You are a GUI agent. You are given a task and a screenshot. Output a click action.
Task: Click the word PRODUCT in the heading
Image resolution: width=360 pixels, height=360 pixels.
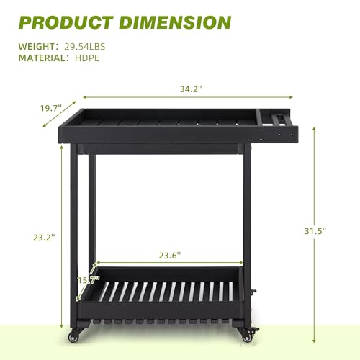click(x=66, y=22)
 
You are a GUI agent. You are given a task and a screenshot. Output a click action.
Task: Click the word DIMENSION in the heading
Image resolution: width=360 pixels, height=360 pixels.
click(x=175, y=22)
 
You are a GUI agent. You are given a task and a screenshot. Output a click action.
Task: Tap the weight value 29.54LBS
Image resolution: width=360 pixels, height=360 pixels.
click(x=85, y=46)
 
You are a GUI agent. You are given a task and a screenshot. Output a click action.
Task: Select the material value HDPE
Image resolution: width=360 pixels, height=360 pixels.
click(x=87, y=58)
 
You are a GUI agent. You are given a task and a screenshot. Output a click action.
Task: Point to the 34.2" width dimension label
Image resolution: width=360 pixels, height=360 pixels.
click(x=191, y=89)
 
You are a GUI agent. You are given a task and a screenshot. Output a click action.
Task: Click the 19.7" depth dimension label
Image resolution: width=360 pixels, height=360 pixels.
click(x=51, y=108)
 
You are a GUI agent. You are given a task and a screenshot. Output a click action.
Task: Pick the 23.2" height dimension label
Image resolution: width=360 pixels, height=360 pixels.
click(x=44, y=238)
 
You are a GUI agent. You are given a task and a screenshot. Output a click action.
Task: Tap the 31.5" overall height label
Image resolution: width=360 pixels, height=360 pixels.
click(x=315, y=231)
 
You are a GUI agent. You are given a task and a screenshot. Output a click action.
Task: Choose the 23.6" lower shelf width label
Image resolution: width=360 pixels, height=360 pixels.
click(x=170, y=256)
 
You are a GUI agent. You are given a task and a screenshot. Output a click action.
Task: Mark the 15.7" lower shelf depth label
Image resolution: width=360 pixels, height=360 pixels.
click(x=89, y=280)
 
